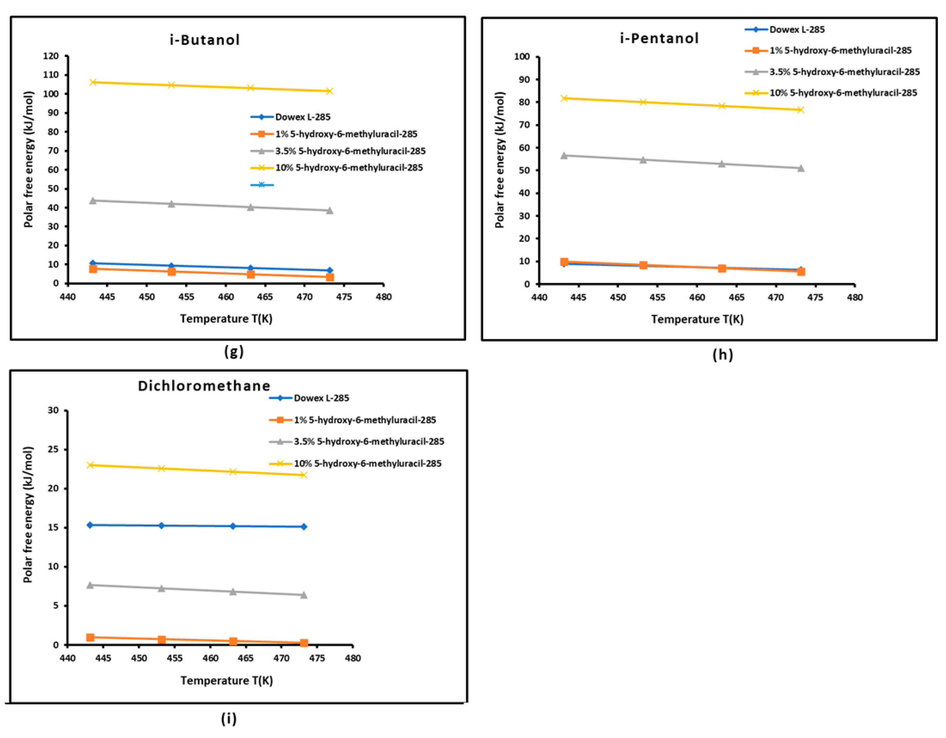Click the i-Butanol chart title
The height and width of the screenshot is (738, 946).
(204, 40)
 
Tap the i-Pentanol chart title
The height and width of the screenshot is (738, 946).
(659, 39)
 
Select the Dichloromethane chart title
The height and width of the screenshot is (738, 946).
(204, 386)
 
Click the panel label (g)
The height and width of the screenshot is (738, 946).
(234, 352)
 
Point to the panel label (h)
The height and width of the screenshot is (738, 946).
(723, 355)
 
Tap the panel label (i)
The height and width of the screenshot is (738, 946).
(229, 719)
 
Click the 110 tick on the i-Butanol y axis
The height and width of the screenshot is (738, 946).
(51, 75)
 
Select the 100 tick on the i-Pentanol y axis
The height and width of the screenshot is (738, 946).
(522, 57)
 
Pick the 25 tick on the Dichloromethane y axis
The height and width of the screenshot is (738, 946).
(53, 449)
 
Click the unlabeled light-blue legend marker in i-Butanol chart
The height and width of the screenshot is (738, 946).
(261, 185)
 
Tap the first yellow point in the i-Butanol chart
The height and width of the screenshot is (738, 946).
(93, 82)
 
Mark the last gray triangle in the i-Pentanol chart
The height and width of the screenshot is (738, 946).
(800, 168)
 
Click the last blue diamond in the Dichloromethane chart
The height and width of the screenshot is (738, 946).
(304, 526)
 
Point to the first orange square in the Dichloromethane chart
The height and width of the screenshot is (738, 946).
(90, 637)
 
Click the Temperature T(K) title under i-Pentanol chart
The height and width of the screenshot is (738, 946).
(697, 319)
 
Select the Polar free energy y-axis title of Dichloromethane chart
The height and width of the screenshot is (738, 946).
(28, 515)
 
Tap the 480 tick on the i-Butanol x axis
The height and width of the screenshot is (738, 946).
(383, 297)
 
